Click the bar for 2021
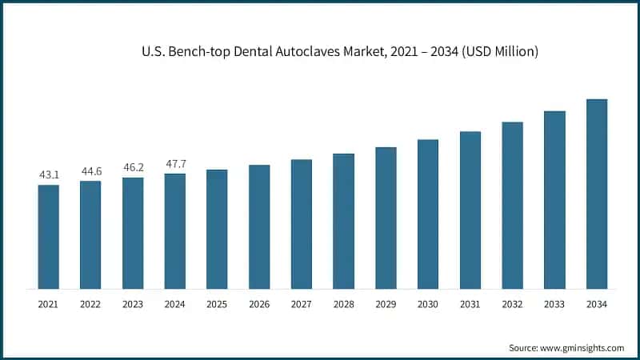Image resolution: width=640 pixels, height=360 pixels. pos(48,237)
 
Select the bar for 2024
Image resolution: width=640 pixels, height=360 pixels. pos(174,231)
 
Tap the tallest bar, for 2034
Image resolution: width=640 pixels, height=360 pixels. pos(596,194)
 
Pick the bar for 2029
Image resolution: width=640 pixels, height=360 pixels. pos(386,218)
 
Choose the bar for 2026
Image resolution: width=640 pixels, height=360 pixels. pos(259,226)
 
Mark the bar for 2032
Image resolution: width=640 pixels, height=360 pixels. pos(512,205)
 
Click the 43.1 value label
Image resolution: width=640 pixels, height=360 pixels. pos(48,174)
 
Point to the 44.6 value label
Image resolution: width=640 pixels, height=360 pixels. pos(90,170)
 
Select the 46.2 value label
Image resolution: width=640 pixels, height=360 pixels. pos(133,166)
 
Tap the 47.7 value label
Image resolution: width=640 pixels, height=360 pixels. pos(174,162)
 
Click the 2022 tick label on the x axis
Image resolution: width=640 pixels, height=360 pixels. pos(90,305)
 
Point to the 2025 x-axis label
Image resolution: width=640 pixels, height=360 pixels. pos(217,305)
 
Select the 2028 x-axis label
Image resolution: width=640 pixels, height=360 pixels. pos(343,305)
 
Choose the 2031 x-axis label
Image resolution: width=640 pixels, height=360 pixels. pos(470,305)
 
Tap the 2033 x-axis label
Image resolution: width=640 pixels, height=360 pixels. pos(554,305)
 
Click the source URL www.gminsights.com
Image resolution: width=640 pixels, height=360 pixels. pos(581,348)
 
